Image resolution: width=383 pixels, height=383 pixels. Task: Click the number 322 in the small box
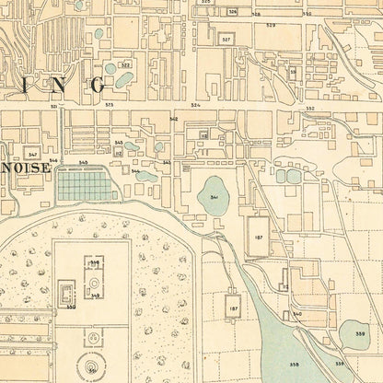pyautogui.click(x=125, y=65)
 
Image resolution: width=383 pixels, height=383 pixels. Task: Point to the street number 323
pyautogui.click(x=109, y=106)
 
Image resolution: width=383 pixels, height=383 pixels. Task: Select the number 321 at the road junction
pyautogui.click(x=54, y=107)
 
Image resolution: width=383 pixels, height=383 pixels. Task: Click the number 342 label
pyautogui.click(x=173, y=119)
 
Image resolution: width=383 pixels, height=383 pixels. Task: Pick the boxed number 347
pyautogui.click(x=32, y=154)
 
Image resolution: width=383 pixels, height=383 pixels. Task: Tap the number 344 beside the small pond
pyautogui.click(x=136, y=171)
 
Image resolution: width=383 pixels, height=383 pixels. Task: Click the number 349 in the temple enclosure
pyautogui.click(x=95, y=296)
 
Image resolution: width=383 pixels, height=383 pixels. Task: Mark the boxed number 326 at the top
pyautogui.click(x=232, y=12)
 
